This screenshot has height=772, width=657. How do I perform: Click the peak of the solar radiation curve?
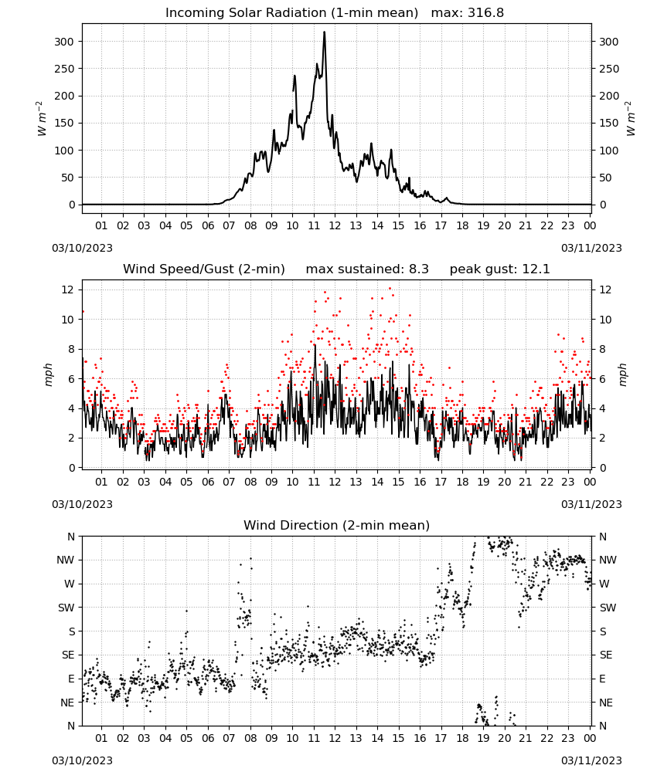pos(325,32)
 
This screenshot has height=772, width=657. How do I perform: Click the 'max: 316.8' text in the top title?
pos(468,12)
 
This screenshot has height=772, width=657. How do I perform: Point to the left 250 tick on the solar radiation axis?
pos(65,69)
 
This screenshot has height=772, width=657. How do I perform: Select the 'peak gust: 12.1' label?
pos(499,269)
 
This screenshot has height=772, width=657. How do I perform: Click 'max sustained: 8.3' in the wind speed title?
pos(367,269)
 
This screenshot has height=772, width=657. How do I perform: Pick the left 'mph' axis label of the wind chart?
pos(48,374)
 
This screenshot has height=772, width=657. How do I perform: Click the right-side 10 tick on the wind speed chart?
pos(605,320)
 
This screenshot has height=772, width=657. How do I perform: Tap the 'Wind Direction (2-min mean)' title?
pos(337,525)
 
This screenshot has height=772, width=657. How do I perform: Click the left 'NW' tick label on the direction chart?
pos(66,560)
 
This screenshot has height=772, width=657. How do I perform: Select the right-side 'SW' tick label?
pos(608,608)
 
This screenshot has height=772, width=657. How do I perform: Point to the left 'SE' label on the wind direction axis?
pos(68,655)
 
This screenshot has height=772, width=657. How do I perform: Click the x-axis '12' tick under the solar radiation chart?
pos(335,225)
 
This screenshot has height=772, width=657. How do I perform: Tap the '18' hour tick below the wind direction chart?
pos(462,737)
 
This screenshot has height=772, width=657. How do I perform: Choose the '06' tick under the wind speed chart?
pos(208,482)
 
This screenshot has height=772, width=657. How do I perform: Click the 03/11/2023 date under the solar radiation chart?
pos(591,248)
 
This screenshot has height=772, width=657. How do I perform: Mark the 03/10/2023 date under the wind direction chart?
pos(82,760)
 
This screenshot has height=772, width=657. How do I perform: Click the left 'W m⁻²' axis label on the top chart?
pos(42,119)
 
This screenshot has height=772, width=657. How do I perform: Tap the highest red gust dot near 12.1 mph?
pos(390,289)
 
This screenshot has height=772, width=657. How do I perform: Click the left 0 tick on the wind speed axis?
pos(72,468)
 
